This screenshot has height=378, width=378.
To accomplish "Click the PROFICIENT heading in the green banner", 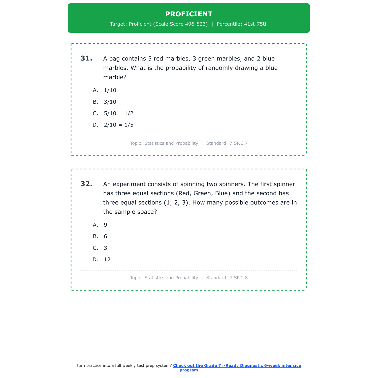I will [189, 14].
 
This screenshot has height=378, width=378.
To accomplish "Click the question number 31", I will [86, 58].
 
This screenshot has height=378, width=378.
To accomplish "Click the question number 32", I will [86, 184].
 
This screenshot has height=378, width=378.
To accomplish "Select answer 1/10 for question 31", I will [110, 90].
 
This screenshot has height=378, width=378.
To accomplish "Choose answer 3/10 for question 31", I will [110, 102].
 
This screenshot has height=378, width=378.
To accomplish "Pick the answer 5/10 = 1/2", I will [118, 113].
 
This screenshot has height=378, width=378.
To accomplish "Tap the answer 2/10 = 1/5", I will [118, 125].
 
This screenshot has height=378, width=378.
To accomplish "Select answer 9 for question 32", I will [105, 225].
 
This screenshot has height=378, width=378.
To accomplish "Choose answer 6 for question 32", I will [105, 236].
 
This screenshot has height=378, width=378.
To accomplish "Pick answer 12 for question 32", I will [107, 260].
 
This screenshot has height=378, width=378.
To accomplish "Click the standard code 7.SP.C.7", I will [238, 143].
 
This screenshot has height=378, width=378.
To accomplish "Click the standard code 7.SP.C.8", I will [238, 278].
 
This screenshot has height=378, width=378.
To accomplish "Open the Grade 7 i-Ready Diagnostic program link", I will [237, 366].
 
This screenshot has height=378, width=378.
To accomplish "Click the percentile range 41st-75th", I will [256, 24].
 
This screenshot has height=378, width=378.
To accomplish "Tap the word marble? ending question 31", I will [115, 77].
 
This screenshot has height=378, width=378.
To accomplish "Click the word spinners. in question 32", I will [232, 184].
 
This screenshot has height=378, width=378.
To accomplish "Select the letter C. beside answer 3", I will [95, 248].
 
